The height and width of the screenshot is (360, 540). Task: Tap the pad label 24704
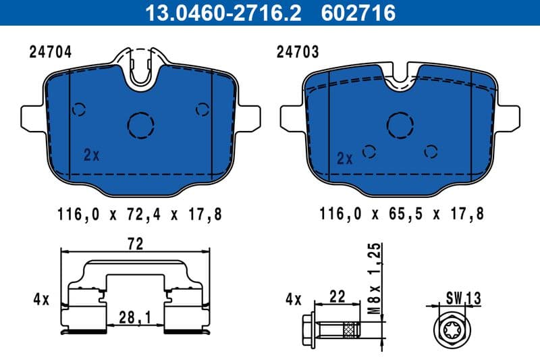click(51, 51)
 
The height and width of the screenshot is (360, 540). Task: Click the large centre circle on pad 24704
click(141, 124)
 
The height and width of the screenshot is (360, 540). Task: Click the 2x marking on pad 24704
click(91, 155)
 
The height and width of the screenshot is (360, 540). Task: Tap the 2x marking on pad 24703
click(344, 159)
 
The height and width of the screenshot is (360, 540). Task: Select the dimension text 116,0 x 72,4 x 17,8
click(140, 214)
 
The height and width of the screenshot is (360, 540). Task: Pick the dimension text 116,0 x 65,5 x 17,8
click(402, 214)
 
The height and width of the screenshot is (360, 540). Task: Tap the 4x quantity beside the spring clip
click(40, 299)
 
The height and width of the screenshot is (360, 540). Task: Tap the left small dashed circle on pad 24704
click(79, 109)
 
